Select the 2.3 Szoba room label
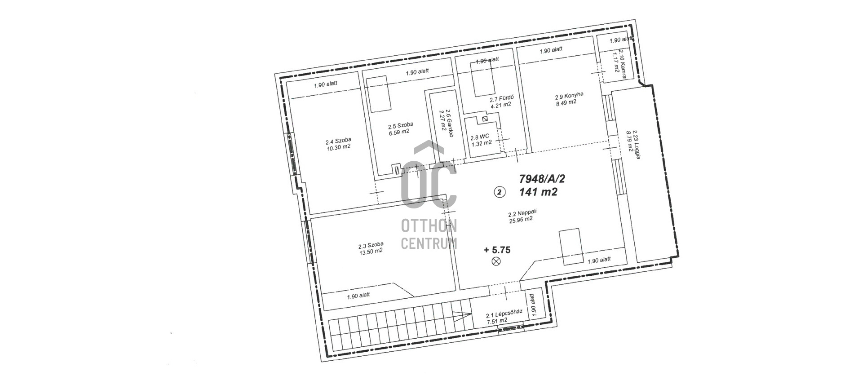pyautogui.click(x=371, y=245)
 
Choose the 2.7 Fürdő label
pyautogui.click(x=501, y=98)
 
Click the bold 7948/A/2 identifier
pyautogui.click(x=542, y=179)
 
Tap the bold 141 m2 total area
pyautogui.click(x=538, y=192)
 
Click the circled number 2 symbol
pyautogui.click(x=500, y=192)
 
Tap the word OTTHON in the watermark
pyautogui.click(x=429, y=226)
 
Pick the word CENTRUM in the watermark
pyautogui.click(x=429, y=243)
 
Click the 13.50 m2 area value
pyautogui.click(x=371, y=251)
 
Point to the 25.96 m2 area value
pyautogui.click(x=521, y=220)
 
